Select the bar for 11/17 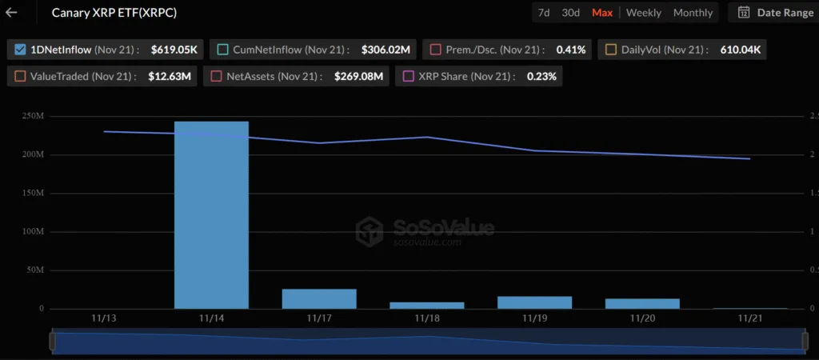pyautogui.click(x=319, y=298)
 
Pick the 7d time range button pyautogui.click(x=544, y=13)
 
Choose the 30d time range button pyautogui.click(x=570, y=13)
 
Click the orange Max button pyautogui.click(x=602, y=13)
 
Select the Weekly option pyautogui.click(x=644, y=13)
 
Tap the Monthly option pyautogui.click(x=693, y=13)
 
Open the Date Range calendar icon pyautogui.click(x=744, y=13)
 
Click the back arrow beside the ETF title pyautogui.click(x=12, y=13)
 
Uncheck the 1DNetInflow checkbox pyautogui.click(x=20, y=50)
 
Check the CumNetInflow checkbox pyautogui.click(x=223, y=50)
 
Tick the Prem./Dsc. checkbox pyautogui.click(x=436, y=50)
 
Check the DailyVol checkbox pyautogui.click(x=611, y=50)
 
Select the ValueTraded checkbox pyautogui.click(x=20, y=77)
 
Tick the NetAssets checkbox pyautogui.click(x=217, y=77)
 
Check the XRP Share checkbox pyautogui.click(x=409, y=77)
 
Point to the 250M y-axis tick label pyautogui.click(x=34, y=117)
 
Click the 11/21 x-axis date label pyautogui.click(x=749, y=318)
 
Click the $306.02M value pyautogui.click(x=386, y=50)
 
